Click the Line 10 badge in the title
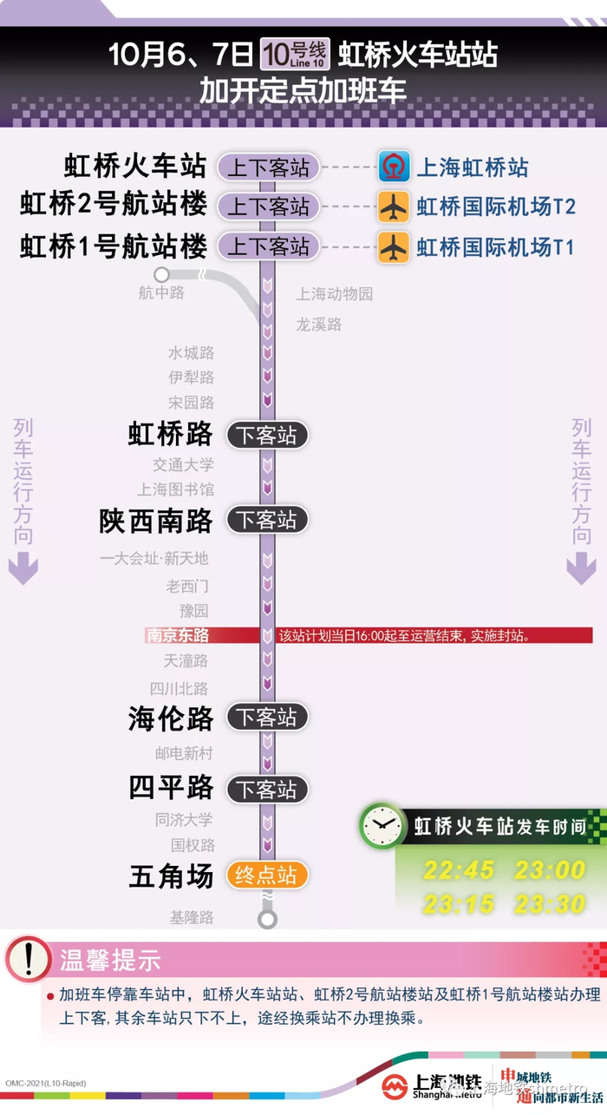[x=294, y=55]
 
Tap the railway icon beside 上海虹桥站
[x=394, y=167]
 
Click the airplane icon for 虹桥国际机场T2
[x=394, y=207]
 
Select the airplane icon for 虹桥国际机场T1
[x=394, y=246]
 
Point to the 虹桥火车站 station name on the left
[x=135, y=165]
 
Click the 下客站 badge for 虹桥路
[x=267, y=435]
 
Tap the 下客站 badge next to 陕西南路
[x=267, y=520]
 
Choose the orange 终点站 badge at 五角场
[x=267, y=875]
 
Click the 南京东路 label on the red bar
[x=178, y=635]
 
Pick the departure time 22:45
[x=459, y=870]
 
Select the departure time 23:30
[x=550, y=904]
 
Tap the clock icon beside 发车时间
[x=382, y=825]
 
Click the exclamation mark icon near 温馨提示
[x=29, y=960]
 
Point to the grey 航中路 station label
[x=162, y=292]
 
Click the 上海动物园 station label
[x=334, y=294]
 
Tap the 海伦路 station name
[x=171, y=718]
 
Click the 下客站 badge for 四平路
[x=267, y=790]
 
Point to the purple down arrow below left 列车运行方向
[x=23, y=570]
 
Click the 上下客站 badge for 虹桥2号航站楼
[x=268, y=207]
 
